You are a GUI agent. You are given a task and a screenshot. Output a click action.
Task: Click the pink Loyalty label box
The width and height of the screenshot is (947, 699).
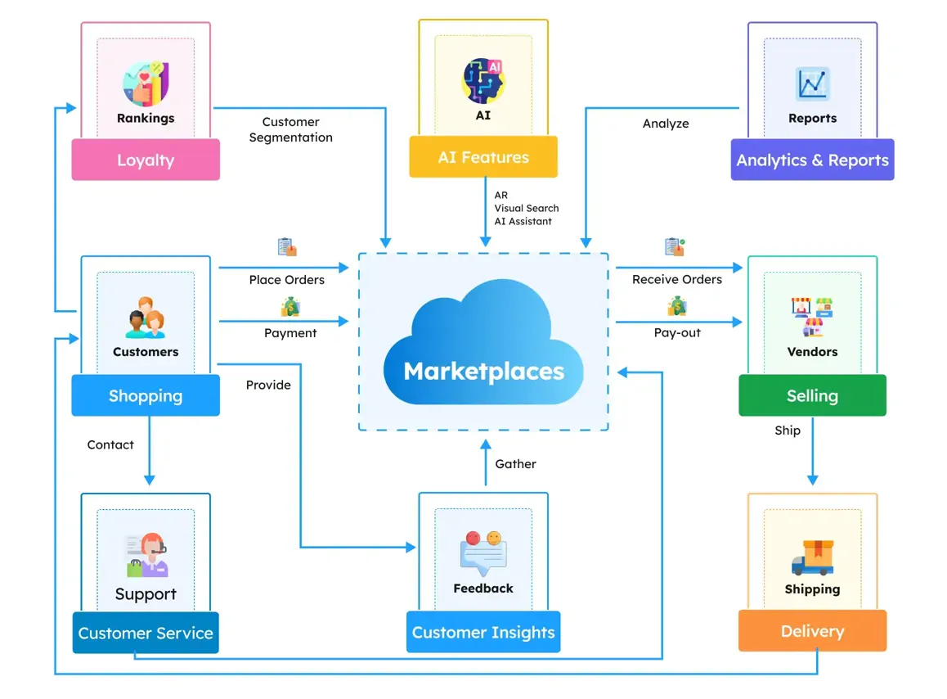[146, 160]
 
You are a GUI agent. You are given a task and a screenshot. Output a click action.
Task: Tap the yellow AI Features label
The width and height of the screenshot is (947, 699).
[483, 157]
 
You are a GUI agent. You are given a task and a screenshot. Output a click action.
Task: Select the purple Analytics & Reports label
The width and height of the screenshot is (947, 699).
[812, 160]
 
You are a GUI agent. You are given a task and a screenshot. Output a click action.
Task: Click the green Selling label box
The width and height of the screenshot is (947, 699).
[812, 395]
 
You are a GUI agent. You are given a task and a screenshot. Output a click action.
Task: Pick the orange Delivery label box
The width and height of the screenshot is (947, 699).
[812, 631]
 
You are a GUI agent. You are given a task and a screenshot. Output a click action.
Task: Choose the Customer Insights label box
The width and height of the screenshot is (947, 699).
[483, 632]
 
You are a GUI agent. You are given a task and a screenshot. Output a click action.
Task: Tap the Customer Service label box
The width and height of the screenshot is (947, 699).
[146, 633]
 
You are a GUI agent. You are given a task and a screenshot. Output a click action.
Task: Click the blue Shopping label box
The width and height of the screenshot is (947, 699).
[146, 396]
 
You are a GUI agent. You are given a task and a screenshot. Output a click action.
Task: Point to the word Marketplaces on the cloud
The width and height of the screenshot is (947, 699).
[483, 371]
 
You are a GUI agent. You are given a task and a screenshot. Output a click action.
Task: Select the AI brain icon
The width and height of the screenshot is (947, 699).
[483, 80]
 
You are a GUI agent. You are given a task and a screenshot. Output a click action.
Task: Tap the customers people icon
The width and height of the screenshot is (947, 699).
[146, 318]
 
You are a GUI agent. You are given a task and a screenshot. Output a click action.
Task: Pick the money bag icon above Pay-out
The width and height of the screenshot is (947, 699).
[677, 307]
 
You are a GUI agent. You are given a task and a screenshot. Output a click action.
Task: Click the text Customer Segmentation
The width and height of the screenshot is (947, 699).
[290, 130]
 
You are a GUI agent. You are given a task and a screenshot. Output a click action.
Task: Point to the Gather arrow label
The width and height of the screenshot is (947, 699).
[515, 463]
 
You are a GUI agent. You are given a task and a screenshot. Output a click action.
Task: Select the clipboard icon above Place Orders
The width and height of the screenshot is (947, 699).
[286, 246]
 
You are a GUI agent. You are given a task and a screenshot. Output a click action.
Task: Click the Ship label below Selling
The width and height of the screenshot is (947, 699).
[788, 431]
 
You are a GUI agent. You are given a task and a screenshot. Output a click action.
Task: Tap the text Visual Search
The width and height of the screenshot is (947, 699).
[526, 208]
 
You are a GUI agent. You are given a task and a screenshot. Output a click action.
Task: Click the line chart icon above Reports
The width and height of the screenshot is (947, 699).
[812, 84]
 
